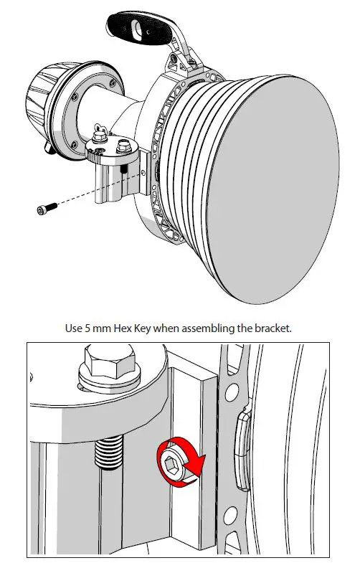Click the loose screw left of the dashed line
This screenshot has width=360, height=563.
coord(44,209)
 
